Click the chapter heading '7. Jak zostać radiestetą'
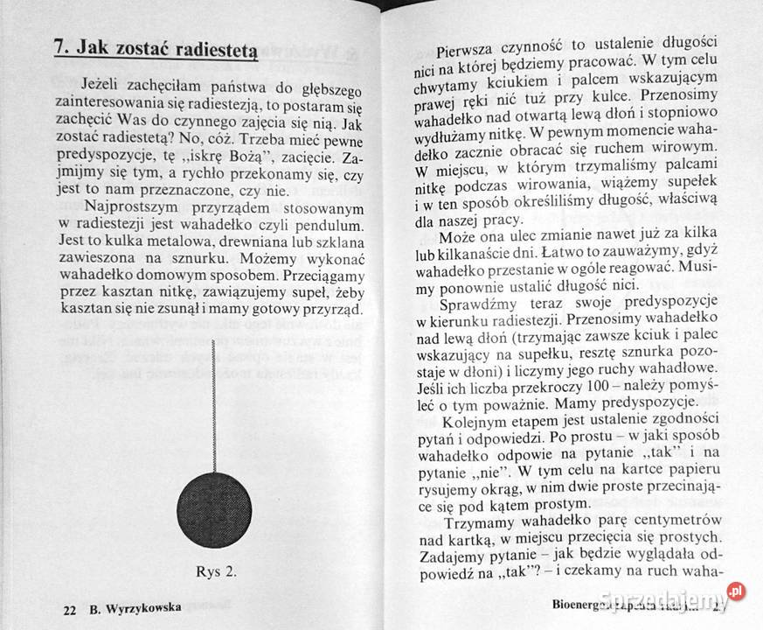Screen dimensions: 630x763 click(x=154, y=50)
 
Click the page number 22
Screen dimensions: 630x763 click(x=70, y=609)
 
